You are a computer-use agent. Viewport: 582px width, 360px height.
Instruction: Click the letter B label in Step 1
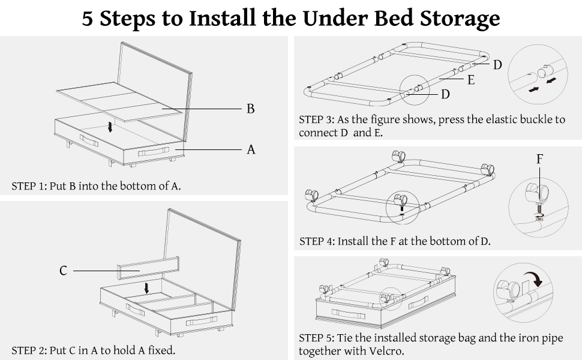pyautogui.click(x=251, y=109)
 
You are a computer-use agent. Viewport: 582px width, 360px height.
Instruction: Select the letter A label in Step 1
pyautogui.click(x=251, y=149)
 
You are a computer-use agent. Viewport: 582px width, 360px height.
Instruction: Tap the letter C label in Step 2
pyautogui.click(x=63, y=271)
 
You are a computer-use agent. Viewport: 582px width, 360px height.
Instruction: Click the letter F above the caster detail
pyautogui.click(x=539, y=159)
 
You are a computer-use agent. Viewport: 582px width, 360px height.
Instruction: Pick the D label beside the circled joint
pyautogui.click(x=445, y=94)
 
